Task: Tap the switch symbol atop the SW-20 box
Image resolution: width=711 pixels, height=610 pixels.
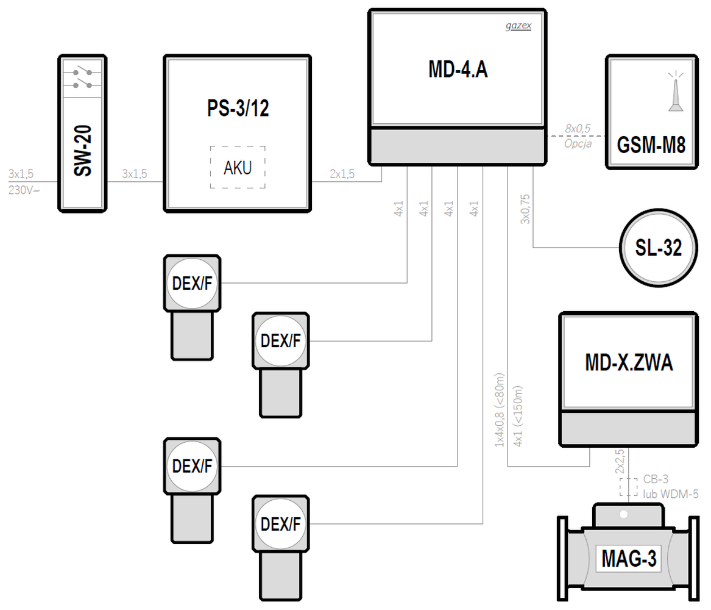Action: tap(83, 77)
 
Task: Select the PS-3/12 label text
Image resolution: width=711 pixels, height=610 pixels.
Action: tap(238, 108)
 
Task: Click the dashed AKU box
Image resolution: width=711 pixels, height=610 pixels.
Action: tap(238, 167)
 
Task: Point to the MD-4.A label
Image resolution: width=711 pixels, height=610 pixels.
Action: tap(458, 70)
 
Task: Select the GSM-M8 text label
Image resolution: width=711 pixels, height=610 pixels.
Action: tap(651, 146)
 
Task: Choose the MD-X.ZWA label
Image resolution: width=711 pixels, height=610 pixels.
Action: tap(629, 363)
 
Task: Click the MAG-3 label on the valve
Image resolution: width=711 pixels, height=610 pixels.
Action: tap(629, 559)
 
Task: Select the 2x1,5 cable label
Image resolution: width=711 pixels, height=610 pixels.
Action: tap(342, 174)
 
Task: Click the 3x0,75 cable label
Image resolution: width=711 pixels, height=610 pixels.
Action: tap(525, 207)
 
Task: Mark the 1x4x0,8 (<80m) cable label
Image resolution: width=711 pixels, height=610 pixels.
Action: tap(499, 409)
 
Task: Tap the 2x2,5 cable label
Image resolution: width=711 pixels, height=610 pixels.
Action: tap(619, 462)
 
